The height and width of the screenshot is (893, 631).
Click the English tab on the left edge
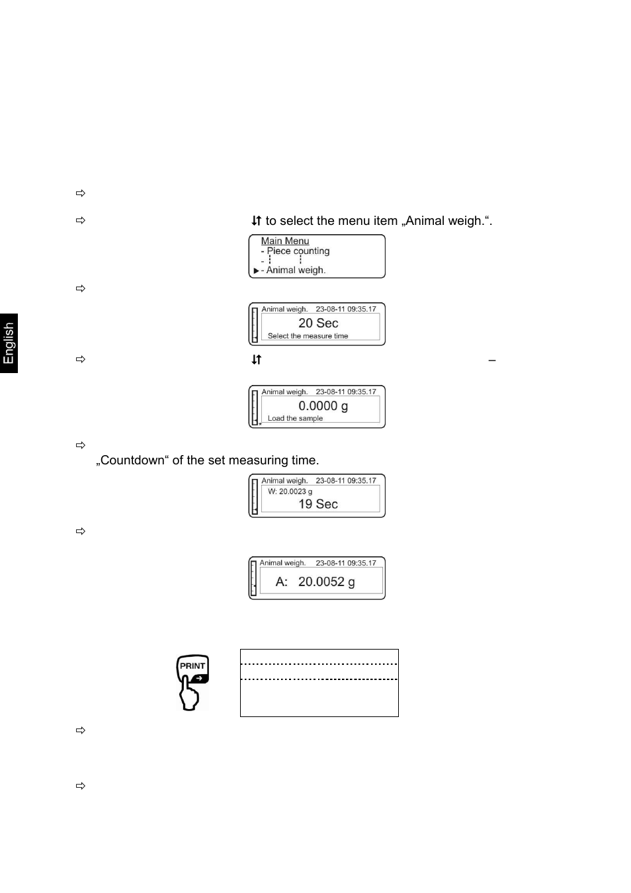tap(9, 343)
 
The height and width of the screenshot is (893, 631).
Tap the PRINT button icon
tap(192, 668)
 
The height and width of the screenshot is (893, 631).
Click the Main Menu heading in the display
tap(284, 241)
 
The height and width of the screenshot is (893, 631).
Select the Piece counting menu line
tap(298, 251)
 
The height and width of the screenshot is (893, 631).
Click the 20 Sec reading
tap(318, 323)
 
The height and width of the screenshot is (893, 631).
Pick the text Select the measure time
tap(308, 336)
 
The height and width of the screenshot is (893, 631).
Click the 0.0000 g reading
tap(323, 405)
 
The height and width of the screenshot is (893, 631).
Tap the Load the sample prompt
tap(295, 419)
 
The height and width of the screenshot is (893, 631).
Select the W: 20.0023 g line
tap(290, 491)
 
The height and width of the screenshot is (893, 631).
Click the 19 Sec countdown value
tap(318, 504)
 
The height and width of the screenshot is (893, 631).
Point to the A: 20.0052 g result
tap(315, 581)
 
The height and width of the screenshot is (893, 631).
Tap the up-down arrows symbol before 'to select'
tap(256, 221)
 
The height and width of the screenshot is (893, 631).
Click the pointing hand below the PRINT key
tap(190, 697)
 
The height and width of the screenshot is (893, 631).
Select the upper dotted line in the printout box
tap(319, 663)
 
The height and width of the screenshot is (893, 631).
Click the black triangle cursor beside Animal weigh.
tap(256, 271)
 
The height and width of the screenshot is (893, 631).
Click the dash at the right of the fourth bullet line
tap(491, 361)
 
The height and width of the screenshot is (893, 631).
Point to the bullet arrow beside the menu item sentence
tap(81, 220)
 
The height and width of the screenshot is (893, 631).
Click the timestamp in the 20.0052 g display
tap(345, 563)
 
